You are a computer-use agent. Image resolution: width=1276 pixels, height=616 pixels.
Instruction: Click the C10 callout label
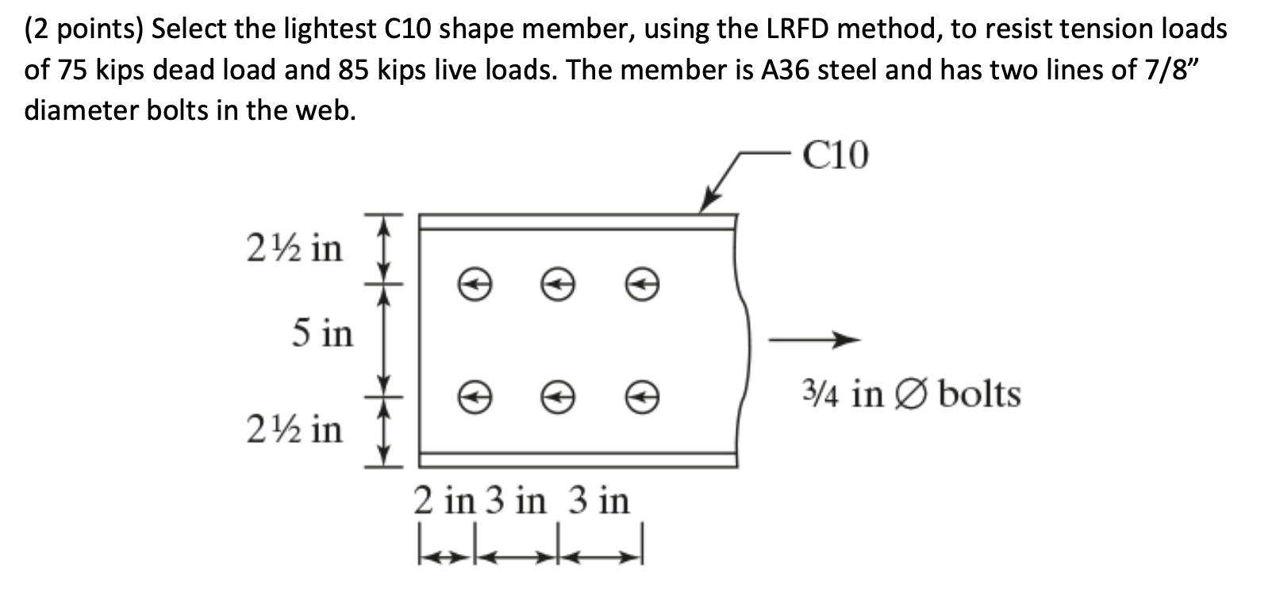835,156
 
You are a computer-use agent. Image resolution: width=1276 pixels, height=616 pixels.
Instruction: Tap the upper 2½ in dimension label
294,248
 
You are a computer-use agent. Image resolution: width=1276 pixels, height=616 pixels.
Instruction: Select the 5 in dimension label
321,333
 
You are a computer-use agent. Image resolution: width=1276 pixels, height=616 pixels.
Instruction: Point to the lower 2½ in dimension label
294,429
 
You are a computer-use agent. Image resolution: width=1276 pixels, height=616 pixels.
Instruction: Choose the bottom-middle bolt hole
557,395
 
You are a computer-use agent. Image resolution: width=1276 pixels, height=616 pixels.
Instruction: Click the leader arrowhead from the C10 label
707,204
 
